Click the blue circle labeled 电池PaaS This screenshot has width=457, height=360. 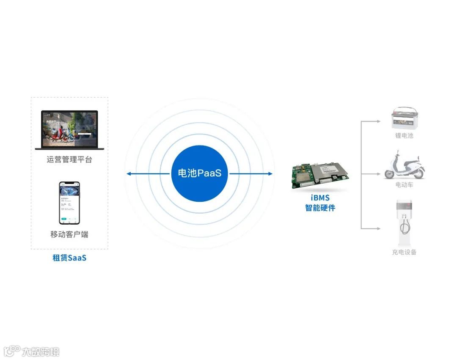pos(199,173)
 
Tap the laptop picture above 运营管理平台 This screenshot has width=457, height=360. pos(69,130)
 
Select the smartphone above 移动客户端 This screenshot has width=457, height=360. pos(69,203)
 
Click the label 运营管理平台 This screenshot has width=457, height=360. pos(69,159)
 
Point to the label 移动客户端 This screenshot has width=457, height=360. pos(69,234)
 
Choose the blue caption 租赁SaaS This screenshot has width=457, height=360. pos(69,257)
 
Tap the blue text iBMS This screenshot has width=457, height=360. pos(320,198)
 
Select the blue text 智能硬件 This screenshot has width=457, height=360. pos(320,208)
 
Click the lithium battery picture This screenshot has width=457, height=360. pos(404,118)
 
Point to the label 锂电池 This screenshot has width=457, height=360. pos(404,136)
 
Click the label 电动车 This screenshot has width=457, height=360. pos(404,185)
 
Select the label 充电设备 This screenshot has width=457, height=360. pos(404,252)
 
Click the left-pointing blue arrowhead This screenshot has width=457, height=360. pos(128,174)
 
